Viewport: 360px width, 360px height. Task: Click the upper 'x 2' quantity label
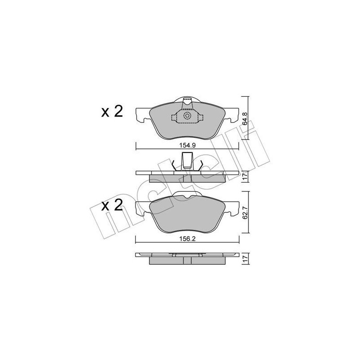[x=112, y=112]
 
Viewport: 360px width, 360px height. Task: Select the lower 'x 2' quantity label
[x=112, y=207]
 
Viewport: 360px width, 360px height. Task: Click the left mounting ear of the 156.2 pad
[x=141, y=208]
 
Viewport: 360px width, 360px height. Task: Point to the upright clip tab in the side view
[x=187, y=161]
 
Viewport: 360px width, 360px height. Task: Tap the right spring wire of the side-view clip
[x=201, y=166]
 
